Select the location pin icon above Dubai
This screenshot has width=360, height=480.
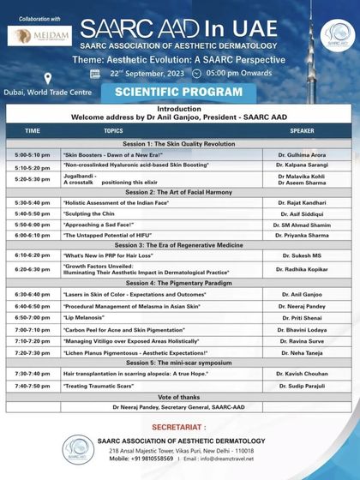click(x=47, y=78)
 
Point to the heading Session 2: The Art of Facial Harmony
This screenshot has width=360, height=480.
click(x=180, y=192)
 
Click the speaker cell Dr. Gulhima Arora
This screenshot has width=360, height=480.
click(x=302, y=153)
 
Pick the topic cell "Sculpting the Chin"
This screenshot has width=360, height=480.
click(x=94, y=213)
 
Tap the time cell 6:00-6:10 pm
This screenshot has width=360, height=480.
click(x=33, y=234)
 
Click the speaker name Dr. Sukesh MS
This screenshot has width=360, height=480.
click(x=302, y=255)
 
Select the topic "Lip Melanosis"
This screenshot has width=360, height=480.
click(x=86, y=316)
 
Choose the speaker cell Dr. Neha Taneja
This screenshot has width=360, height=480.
click(x=302, y=352)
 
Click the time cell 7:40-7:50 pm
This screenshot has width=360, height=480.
click(x=33, y=386)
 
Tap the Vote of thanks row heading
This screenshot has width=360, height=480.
click(x=180, y=396)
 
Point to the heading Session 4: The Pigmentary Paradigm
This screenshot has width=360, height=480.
click(x=180, y=283)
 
